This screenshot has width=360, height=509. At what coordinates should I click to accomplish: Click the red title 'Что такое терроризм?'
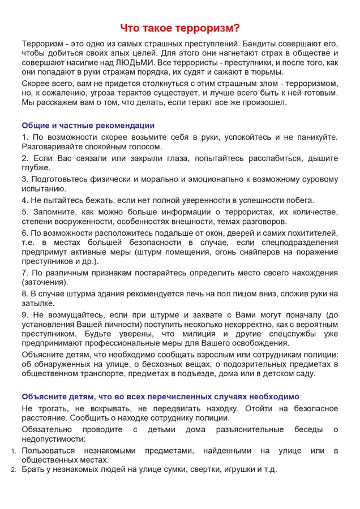(180, 29)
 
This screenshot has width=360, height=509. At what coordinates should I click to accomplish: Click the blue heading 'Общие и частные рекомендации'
(88, 126)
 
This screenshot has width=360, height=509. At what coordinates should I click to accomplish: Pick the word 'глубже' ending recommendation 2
(36, 168)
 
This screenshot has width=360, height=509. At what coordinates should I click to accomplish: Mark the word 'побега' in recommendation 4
(298, 200)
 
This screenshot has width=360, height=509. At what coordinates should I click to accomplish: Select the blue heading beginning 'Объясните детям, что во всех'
(161, 396)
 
